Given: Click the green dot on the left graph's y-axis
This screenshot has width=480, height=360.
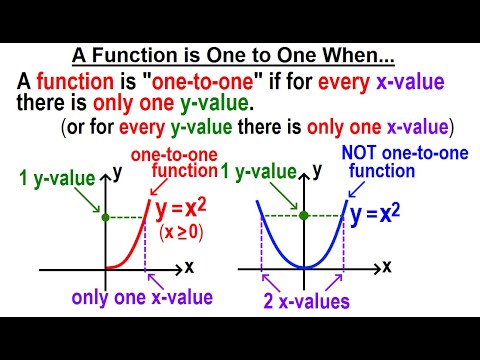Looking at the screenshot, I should [x=105, y=217].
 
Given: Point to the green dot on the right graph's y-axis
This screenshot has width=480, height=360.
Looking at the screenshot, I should [x=301, y=216].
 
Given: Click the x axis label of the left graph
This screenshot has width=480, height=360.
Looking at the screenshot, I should [x=189, y=268].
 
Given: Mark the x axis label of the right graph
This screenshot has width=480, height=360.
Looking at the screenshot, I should [x=389, y=268].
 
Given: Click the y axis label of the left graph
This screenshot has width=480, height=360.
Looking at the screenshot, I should [x=118, y=172].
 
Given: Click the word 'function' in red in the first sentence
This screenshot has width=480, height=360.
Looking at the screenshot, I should [x=76, y=83].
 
